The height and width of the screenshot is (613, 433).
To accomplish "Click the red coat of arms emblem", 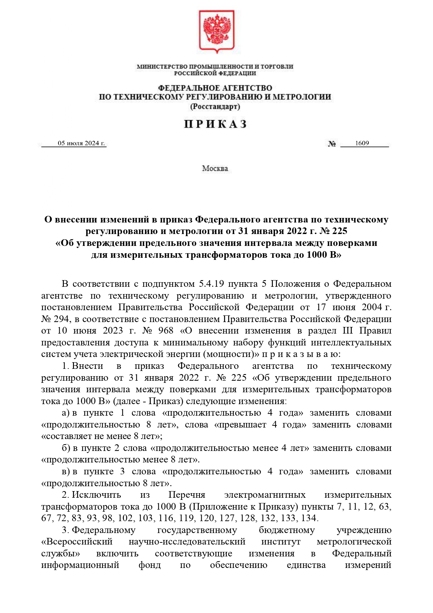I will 216,31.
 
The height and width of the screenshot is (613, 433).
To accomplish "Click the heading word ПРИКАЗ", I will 216,124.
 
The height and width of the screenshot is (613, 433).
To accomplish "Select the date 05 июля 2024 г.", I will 81,143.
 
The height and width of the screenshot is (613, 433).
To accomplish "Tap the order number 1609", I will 362,143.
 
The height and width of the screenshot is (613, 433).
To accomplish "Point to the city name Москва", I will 215,169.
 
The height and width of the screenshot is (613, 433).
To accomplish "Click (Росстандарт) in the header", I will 215,107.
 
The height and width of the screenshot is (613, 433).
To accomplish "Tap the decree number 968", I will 166,330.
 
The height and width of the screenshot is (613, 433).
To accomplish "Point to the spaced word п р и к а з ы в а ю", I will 300,354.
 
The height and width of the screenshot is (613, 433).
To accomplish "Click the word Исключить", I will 96,495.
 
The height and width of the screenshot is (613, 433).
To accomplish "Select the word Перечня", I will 187,495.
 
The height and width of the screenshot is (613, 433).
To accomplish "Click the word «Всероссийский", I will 77,542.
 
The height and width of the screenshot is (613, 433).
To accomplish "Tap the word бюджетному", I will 286,530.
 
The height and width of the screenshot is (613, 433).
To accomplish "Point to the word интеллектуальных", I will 351,342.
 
